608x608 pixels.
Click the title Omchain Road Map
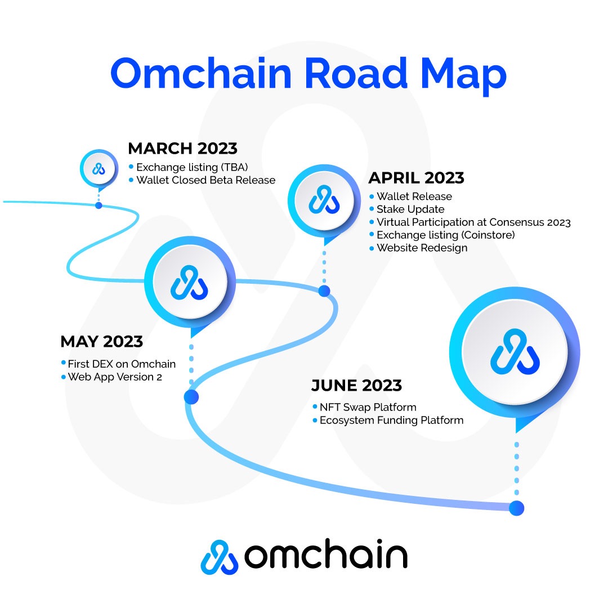(x=309, y=74)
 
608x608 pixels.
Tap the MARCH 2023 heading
(x=182, y=149)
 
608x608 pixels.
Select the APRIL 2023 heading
(x=416, y=178)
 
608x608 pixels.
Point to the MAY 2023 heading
(x=102, y=342)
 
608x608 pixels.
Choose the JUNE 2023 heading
(x=356, y=386)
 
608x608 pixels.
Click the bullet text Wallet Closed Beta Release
(x=206, y=180)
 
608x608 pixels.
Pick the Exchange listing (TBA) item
(x=192, y=167)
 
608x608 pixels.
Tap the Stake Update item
(x=410, y=209)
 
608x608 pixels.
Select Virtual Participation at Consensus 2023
(x=474, y=222)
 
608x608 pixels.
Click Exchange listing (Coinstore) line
(x=446, y=235)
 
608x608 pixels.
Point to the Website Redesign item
(x=422, y=248)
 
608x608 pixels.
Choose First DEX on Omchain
(x=122, y=364)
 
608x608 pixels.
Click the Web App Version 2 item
(x=115, y=377)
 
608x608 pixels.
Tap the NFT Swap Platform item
(x=368, y=407)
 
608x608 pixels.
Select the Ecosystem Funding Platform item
(x=392, y=421)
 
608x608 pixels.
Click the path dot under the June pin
(x=516, y=508)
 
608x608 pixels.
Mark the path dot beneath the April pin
(x=324, y=291)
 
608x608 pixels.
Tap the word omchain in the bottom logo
(x=326, y=555)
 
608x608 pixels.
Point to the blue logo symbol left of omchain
(x=219, y=557)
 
